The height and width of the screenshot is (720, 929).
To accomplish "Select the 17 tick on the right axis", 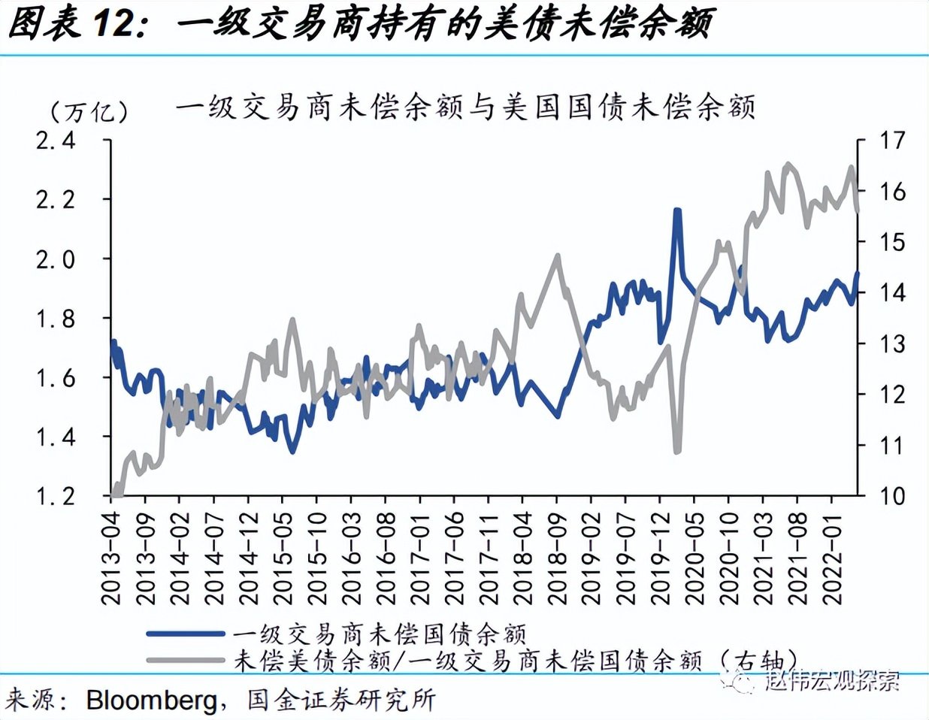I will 891,141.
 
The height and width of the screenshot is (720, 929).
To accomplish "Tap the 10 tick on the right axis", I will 891,496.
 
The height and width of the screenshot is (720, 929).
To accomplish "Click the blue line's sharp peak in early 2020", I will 677,212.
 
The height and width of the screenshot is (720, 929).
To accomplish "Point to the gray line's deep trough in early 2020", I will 677,450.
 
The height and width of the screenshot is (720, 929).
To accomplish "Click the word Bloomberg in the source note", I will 151,700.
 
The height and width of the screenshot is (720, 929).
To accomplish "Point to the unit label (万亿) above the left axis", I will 89,113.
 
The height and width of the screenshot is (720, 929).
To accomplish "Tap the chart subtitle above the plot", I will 465,107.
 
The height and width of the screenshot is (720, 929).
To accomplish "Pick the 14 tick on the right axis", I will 891,293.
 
